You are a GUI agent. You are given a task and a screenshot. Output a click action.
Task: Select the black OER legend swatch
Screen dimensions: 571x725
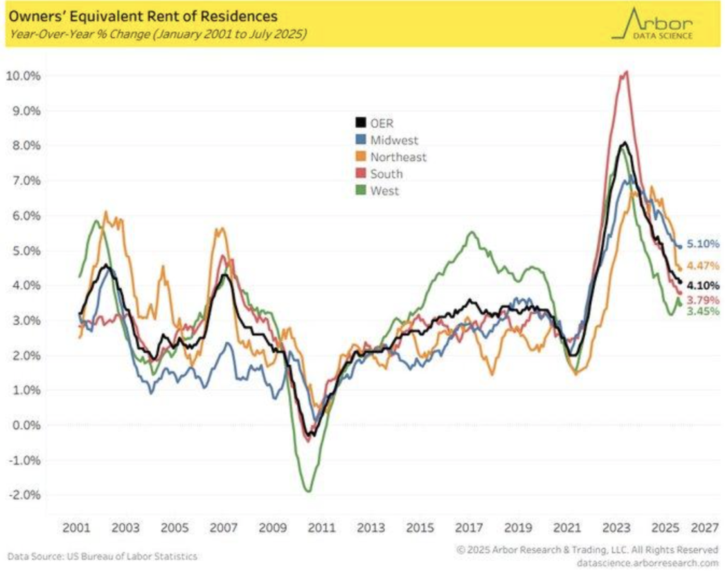point(360,123)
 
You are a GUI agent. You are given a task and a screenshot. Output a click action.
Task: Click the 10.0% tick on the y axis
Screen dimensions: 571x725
point(25,76)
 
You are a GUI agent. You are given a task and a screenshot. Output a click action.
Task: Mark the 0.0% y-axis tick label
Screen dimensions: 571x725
point(28,425)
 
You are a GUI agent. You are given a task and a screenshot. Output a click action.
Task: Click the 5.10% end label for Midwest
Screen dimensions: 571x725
point(703,244)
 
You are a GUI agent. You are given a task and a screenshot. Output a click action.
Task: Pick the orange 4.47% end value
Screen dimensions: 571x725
point(703,266)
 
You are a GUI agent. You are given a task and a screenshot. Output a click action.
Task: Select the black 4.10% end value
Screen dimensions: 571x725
point(703,285)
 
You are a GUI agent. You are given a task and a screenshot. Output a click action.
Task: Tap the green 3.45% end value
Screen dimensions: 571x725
point(703,311)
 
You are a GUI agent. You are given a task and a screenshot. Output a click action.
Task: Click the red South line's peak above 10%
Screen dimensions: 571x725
point(624,72)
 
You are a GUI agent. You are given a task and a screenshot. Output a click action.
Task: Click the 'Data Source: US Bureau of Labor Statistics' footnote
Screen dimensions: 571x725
point(103,557)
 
